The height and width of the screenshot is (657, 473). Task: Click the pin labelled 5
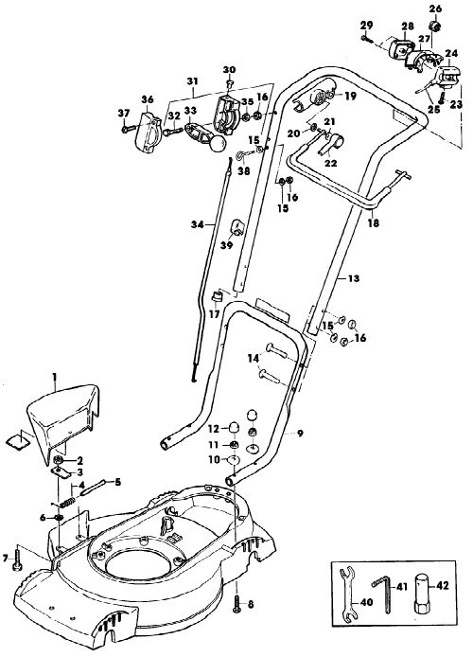(90, 488)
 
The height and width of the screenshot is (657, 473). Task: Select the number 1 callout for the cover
(54, 377)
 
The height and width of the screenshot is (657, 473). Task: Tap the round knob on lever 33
(219, 145)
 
